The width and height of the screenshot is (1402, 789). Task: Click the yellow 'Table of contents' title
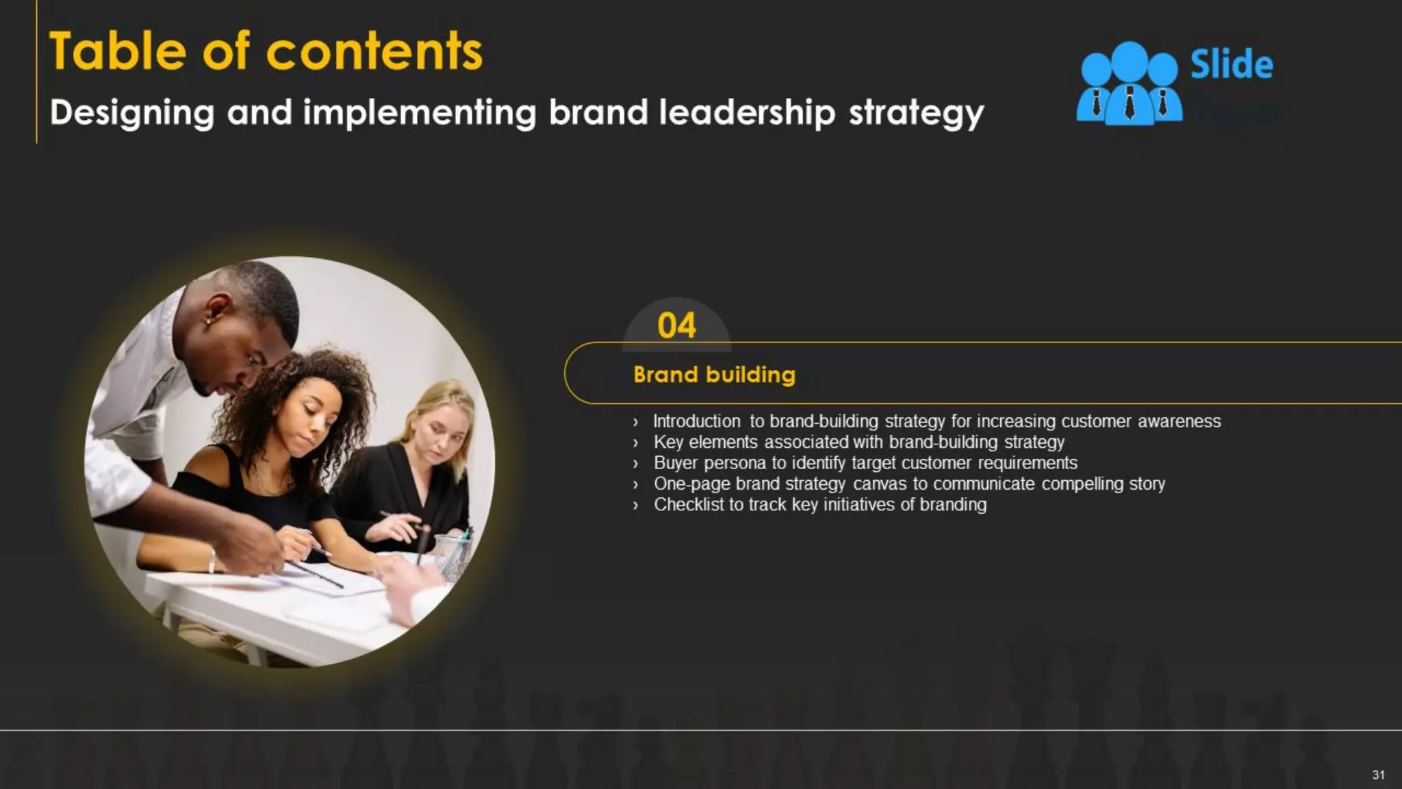(266, 52)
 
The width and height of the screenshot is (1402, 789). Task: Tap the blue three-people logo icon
(1129, 84)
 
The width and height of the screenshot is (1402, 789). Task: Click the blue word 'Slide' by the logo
(1232, 65)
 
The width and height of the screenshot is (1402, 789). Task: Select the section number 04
(676, 325)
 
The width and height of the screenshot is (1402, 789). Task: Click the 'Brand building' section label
(714, 375)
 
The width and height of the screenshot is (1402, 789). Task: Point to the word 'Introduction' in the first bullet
(696, 421)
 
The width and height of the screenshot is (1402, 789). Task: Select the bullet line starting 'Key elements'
(858, 442)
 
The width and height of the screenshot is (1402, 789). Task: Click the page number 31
(1378, 775)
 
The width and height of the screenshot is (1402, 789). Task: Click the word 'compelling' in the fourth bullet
(1082, 484)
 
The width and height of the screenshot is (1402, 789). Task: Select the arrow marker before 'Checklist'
(636, 505)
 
